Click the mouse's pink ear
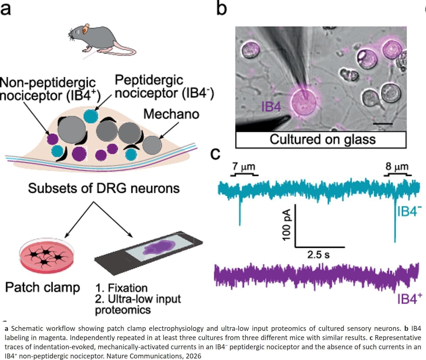coord(86,28)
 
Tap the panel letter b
coord(221,8)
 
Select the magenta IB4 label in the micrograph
coord(271,107)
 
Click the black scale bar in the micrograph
coord(383,124)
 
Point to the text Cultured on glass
coord(322,140)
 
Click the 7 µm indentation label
coord(244,167)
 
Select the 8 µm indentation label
coord(397,167)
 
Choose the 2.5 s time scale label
coord(318,254)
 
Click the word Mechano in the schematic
coord(171,114)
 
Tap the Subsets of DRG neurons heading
coord(104,188)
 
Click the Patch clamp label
coord(43,288)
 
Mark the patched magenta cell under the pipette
coord(303,102)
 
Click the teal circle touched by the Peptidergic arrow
coord(91,116)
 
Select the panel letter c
coord(215,154)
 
